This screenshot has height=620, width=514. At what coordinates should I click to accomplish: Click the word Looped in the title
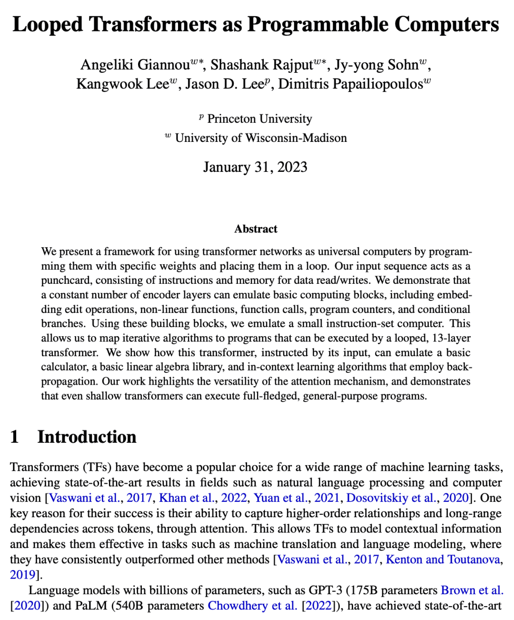[48, 25]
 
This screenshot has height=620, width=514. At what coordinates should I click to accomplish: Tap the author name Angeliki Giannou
[135, 65]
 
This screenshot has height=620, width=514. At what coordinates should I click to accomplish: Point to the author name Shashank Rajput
[262, 65]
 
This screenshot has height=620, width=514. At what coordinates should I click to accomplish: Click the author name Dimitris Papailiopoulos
[350, 84]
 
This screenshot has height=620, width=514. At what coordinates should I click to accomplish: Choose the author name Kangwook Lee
[122, 84]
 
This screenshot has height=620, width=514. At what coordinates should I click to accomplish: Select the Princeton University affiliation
[259, 119]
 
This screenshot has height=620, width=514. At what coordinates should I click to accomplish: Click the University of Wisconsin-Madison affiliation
[261, 138]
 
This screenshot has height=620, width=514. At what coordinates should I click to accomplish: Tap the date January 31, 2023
[255, 167]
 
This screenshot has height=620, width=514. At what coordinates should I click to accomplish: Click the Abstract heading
[256, 229]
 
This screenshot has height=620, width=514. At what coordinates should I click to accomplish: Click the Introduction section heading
[87, 437]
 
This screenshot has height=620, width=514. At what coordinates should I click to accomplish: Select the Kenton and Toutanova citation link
[443, 560]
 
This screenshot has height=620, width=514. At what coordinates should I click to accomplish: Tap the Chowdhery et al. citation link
[252, 606]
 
